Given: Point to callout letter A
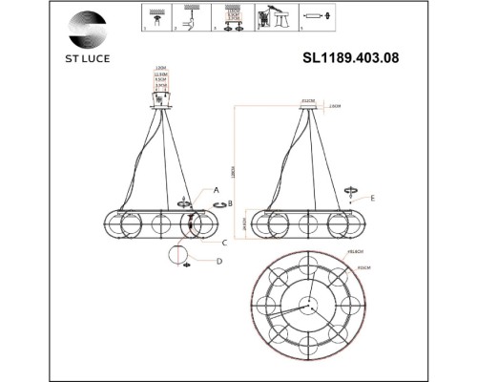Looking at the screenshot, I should tap(218, 190).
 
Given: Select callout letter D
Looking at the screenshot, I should tap(218, 261).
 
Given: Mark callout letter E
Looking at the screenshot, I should tap(373, 198).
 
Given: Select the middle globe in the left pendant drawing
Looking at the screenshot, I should tap(158, 225).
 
